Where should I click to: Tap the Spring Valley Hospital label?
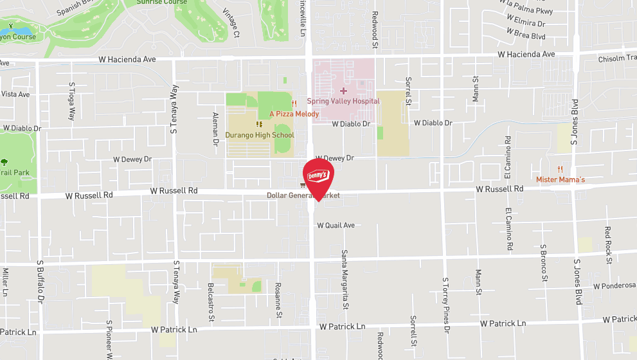(x=343, y=101)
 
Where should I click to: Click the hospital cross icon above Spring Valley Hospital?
(x=343, y=91)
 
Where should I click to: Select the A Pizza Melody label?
(x=294, y=114)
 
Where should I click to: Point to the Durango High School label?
(x=260, y=135)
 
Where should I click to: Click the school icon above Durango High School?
(x=260, y=124)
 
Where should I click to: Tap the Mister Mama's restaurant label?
(x=561, y=179)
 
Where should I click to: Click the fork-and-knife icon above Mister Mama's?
(x=561, y=169)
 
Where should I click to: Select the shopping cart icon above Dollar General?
(x=303, y=185)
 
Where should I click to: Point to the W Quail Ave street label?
(x=335, y=226)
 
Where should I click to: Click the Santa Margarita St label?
(x=345, y=271)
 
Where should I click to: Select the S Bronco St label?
(x=544, y=262)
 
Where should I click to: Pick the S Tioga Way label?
(x=72, y=101)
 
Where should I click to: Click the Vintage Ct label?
(x=231, y=22)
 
